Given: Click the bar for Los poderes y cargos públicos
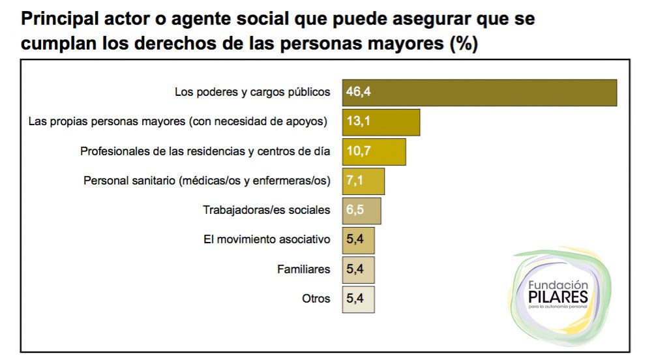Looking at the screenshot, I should pyautogui.click(x=479, y=92).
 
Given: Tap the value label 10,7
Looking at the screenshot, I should pyautogui.click(x=358, y=151).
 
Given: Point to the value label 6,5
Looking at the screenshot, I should pyautogui.click(x=355, y=211).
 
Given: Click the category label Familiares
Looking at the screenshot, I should pyautogui.click(x=303, y=269).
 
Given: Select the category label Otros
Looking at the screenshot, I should pyautogui.click(x=316, y=299).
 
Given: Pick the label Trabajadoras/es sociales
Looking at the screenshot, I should pyautogui.click(x=267, y=210).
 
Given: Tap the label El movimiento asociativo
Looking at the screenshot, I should pyautogui.click(x=267, y=240).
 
